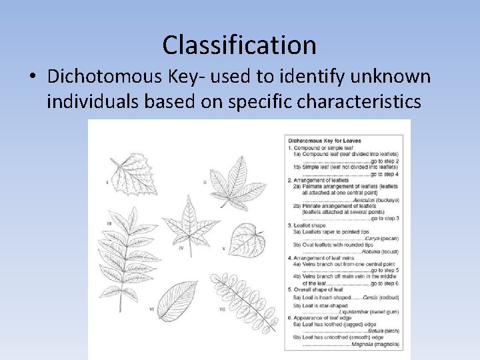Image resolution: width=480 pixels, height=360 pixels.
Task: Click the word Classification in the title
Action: pyautogui.click(x=239, y=45)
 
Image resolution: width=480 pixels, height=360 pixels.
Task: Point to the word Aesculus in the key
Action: pyautogui.click(x=363, y=199)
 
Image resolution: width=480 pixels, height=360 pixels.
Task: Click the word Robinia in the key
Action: pyautogui.click(x=371, y=251)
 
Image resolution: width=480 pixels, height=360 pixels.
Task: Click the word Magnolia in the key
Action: pyautogui.click(x=363, y=344)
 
